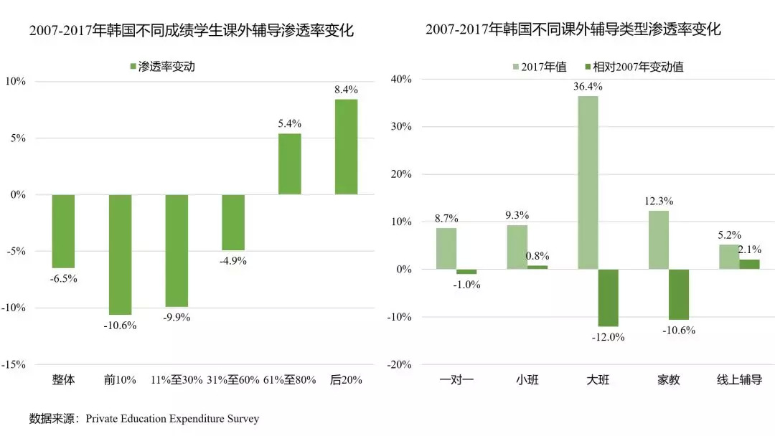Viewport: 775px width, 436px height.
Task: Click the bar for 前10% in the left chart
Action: coord(120,255)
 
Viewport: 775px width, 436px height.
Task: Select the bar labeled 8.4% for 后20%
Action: coord(346,147)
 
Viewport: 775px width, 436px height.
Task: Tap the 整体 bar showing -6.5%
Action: coord(63,232)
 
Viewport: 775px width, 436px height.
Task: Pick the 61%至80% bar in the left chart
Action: coord(290,164)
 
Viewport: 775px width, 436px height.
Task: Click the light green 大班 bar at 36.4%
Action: coord(588,183)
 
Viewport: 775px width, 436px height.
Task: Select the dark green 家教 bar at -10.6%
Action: coord(679,294)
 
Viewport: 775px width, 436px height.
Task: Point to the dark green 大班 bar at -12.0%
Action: coord(608,298)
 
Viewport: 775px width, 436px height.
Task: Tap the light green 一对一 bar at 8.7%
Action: coord(446,248)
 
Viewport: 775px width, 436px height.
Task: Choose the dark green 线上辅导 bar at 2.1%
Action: coord(749,265)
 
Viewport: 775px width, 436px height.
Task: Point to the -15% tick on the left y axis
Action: coord(14,364)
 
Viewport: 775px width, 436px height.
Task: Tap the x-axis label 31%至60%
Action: coord(233,380)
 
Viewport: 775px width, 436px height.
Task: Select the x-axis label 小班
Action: coord(527,380)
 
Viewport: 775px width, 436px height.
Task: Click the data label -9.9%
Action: coord(176,317)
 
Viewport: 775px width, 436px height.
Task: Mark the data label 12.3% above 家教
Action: coord(658,202)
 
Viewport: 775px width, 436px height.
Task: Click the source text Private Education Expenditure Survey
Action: coord(172,418)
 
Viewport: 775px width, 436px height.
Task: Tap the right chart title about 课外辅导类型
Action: coord(573,30)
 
